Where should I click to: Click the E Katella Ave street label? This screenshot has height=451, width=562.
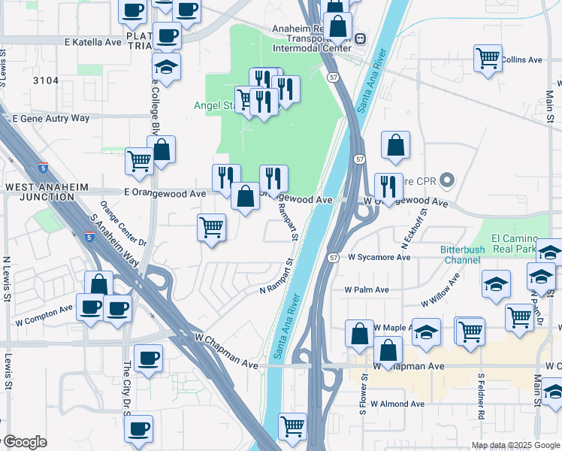(93, 43)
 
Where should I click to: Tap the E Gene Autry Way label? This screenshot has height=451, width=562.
(51, 118)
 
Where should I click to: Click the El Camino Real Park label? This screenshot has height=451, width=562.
(524, 243)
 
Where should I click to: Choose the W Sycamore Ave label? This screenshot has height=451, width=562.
(379, 256)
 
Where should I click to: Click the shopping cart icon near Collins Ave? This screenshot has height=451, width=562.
(488, 57)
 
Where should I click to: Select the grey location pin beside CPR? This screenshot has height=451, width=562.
(448, 180)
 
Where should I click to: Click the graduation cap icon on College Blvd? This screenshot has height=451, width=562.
(165, 68)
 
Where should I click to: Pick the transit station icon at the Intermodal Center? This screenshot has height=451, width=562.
(361, 38)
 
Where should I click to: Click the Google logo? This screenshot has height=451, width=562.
(24, 442)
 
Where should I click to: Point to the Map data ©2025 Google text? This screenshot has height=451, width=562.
(515, 445)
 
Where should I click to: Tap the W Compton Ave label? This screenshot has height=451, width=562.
(44, 314)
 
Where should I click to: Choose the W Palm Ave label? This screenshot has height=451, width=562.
(367, 289)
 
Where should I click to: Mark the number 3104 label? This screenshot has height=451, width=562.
(46, 77)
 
